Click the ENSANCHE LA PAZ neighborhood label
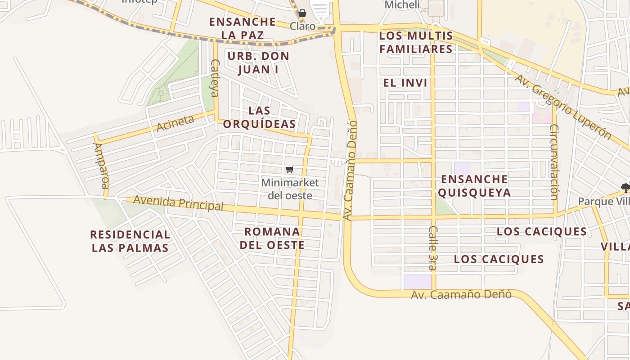click(242, 28)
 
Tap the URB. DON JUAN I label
click(258, 63)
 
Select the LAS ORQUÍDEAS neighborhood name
click(259, 117)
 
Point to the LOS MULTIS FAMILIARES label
click(416, 42)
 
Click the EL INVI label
click(405, 83)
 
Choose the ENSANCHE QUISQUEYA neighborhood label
click(474, 186)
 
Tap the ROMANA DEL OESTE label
click(272, 238)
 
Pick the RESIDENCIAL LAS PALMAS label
click(130, 241)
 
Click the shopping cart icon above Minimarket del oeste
click(290, 170)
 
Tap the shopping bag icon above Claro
click(302, 13)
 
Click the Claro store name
click(302, 26)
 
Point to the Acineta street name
click(175, 123)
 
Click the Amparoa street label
click(101, 166)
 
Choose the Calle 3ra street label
click(432, 248)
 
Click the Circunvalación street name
click(554, 162)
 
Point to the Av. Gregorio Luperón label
click(563, 107)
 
